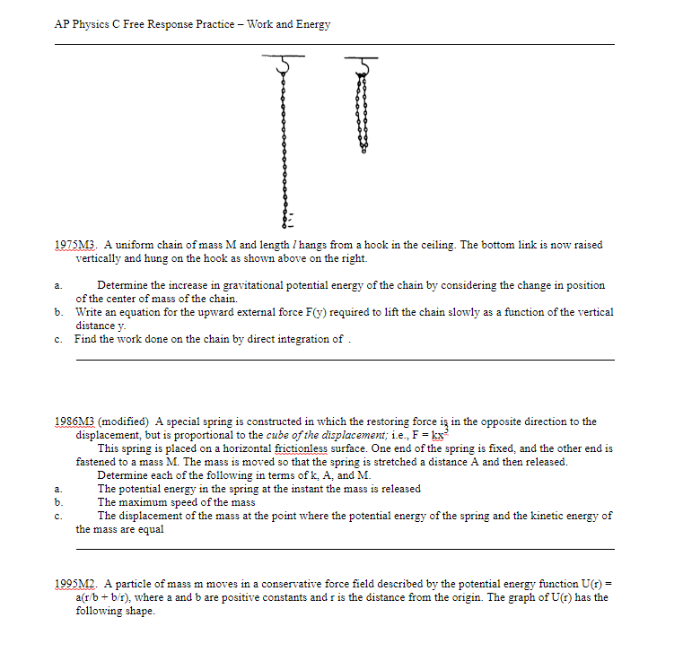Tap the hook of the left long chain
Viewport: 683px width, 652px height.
click(285, 64)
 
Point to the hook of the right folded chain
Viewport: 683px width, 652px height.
click(363, 64)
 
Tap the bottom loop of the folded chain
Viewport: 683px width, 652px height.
click(363, 149)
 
